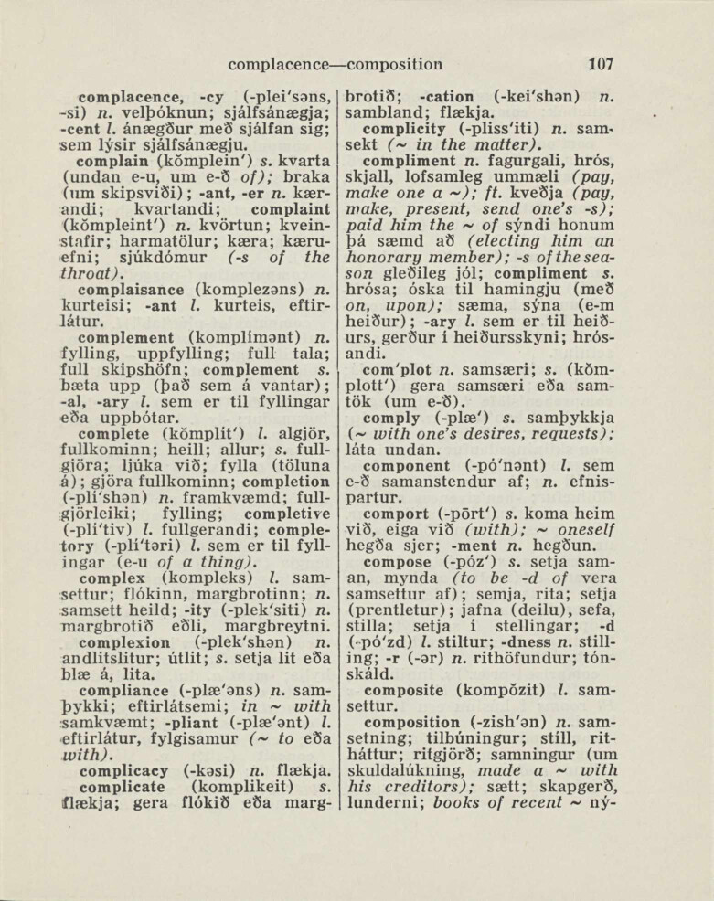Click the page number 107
pos(601,65)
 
